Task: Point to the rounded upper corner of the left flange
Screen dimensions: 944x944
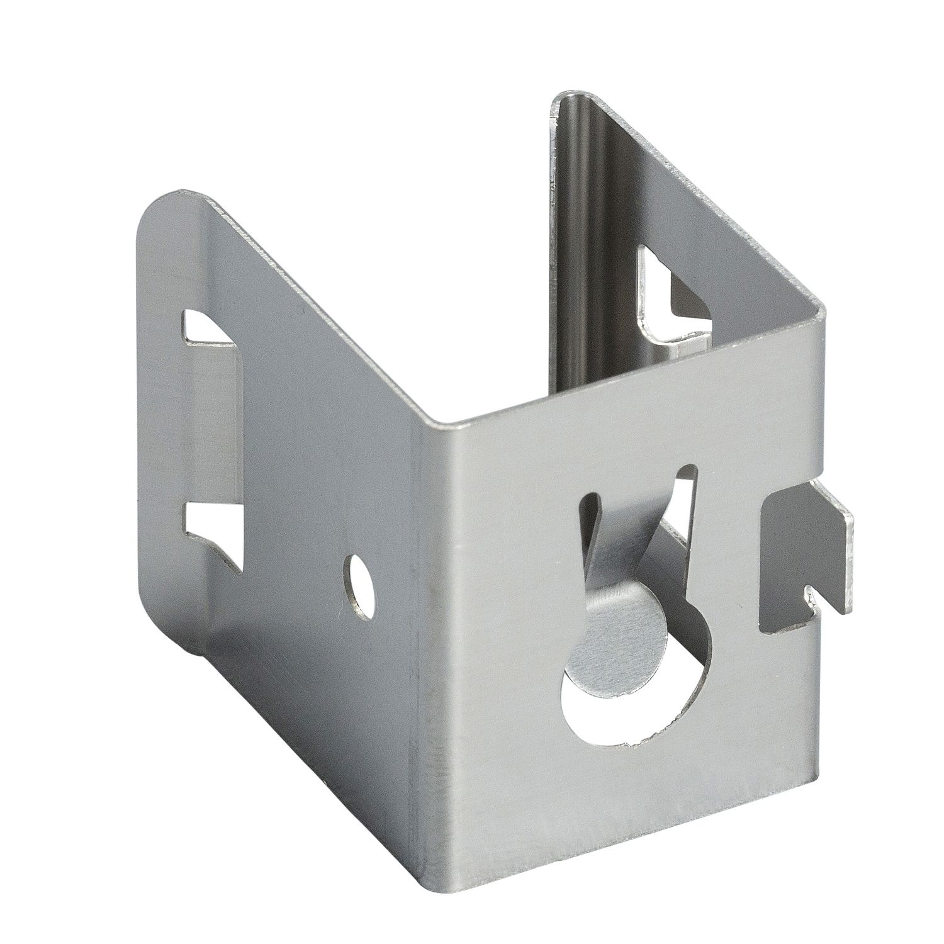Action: [164, 208]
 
